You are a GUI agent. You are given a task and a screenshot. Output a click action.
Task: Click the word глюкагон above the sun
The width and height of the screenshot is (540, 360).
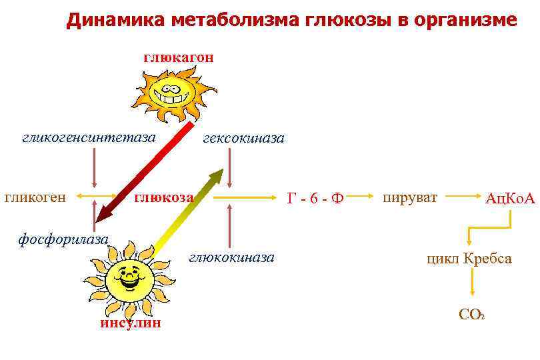(x=178, y=57)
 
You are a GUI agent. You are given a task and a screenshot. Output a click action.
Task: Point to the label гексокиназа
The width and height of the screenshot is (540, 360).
(x=243, y=138)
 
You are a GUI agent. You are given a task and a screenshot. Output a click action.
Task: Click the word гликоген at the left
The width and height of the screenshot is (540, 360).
(x=35, y=197)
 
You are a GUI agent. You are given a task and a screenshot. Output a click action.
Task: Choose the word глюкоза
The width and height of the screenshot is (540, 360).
(x=164, y=197)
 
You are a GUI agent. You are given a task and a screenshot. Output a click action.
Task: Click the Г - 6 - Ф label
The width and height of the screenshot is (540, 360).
(x=315, y=198)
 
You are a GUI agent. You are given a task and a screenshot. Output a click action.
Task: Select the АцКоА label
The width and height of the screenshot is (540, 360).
(x=510, y=198)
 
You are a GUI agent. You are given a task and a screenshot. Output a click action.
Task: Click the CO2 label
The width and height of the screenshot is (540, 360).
(x=471, y=314)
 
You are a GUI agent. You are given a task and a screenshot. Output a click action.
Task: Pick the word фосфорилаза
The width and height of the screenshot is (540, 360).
(x=63, y=237)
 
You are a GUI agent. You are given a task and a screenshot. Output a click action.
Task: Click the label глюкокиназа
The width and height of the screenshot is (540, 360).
(x=231, y=257)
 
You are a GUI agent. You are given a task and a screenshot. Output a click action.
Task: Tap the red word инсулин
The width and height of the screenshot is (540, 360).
(x=131, y=323)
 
